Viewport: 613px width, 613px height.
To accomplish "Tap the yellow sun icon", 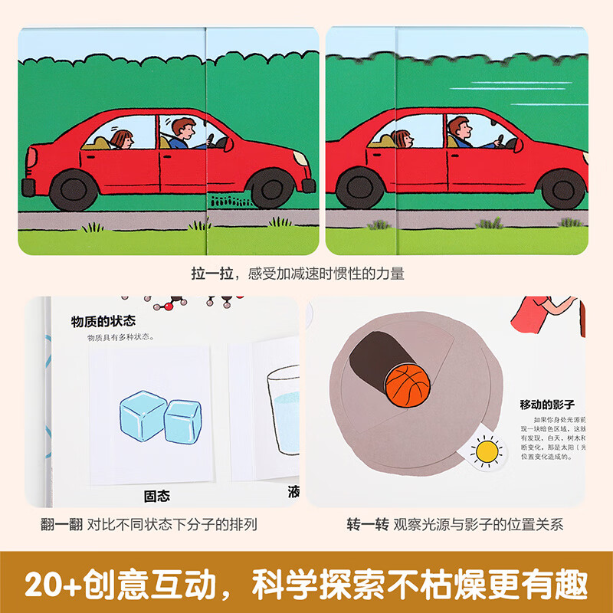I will tap(485, 451).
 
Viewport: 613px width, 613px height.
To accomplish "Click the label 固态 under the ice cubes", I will tap(157, 496).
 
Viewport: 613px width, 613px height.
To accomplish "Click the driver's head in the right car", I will tap(457, 128).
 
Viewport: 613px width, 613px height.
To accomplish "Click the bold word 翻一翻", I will tap(62, 524).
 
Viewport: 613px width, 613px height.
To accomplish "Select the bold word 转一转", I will tap(368, 524).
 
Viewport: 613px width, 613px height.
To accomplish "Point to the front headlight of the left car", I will tap(300, 158).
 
